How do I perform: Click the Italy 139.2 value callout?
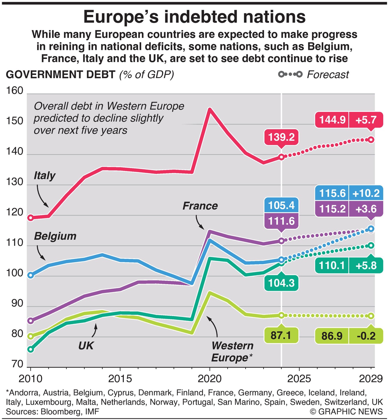pos(281,137)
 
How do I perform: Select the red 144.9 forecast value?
pos(332,120)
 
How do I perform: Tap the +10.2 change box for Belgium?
pos(366,193)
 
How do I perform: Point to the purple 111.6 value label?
pos(281,221)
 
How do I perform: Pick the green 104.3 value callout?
pos(281,283)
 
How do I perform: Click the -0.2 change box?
pos(366,336)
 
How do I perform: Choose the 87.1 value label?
pos(281,336)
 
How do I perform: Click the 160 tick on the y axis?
pos(15,91)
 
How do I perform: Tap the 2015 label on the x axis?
pos(120,379)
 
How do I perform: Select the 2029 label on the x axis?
pos(370,379)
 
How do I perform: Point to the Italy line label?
pos(44,176)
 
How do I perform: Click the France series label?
pos(200,206)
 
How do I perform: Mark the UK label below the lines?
pos(86,346)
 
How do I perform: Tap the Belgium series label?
pos(55,236)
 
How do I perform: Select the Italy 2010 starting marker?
pos(30,218)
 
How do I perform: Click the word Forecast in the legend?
pos(328,74)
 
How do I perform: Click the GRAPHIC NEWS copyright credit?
pos(346,411)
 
